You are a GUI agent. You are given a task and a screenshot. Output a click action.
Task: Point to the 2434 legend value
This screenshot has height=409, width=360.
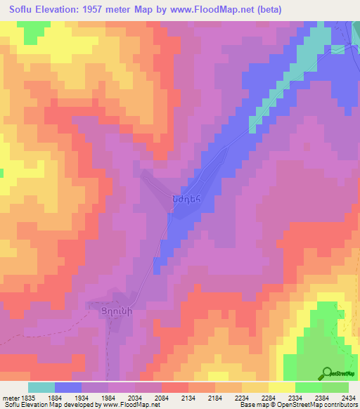click(347, 398)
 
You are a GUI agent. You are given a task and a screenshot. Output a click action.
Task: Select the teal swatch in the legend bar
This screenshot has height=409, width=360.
click(41, 387)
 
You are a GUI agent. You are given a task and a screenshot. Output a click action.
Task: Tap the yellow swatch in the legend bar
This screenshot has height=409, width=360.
click(281, 387)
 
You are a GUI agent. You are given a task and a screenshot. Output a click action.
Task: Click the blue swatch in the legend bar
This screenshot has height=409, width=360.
click(68, 387)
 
